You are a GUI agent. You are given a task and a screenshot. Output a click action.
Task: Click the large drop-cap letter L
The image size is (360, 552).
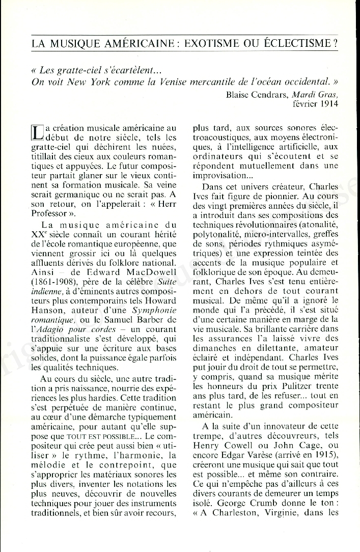tap(38, 132)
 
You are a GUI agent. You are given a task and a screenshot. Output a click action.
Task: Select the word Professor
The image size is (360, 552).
tap(49, 213)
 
